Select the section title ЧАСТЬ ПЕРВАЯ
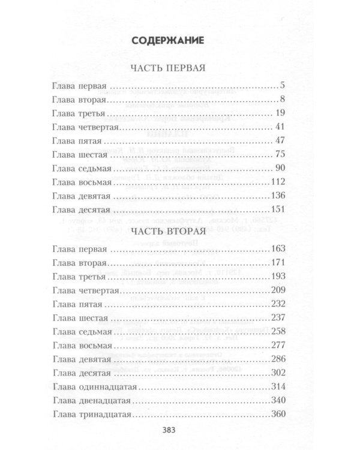pos(167,68)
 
